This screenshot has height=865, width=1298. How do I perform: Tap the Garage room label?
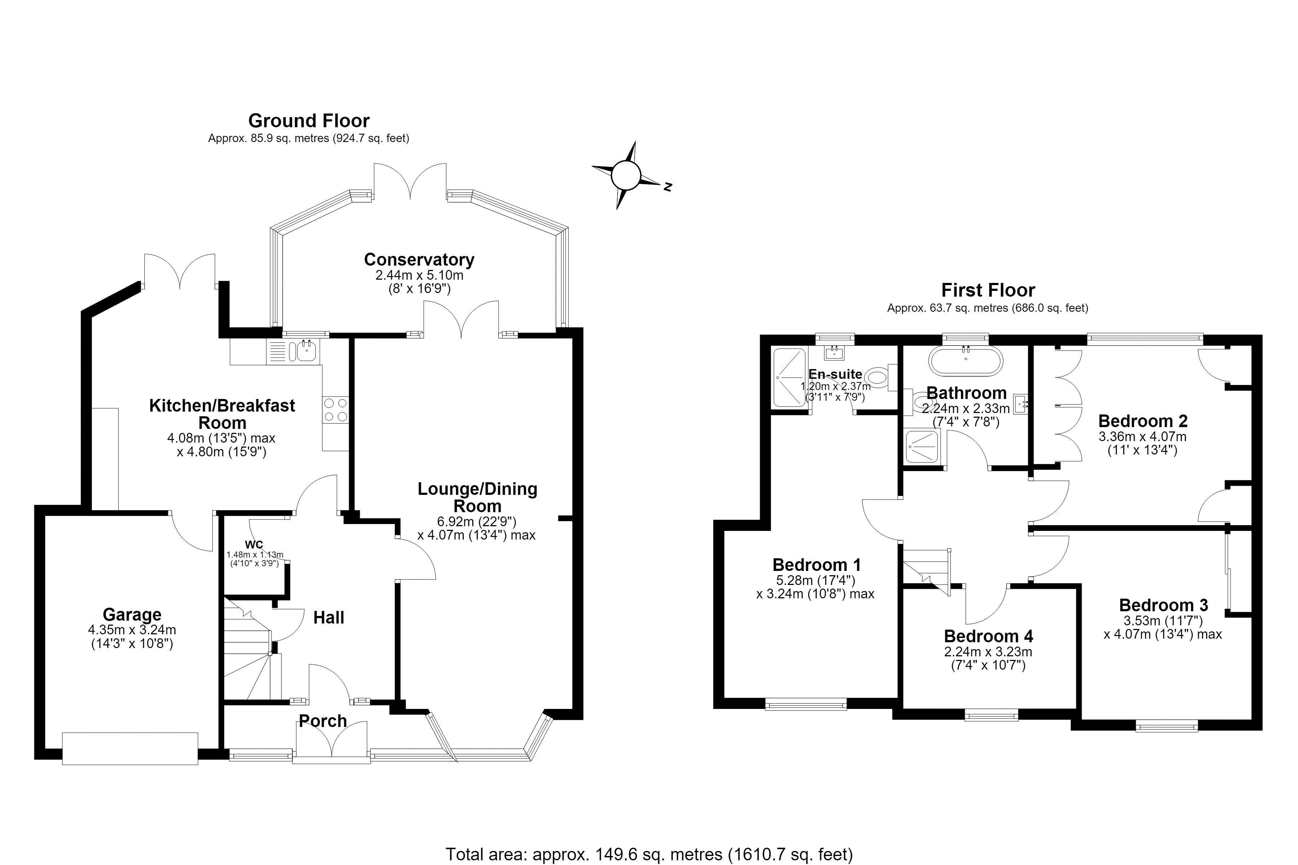[x=132, y=614]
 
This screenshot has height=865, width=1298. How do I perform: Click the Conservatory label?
[x=419, y=259]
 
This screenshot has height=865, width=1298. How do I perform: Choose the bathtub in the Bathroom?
[x=966, y=362]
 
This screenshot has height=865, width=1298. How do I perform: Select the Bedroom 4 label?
[x=988, y=636]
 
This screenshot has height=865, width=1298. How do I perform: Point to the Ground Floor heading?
[x=309, y=120]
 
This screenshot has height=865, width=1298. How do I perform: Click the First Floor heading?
[x=988, y=290]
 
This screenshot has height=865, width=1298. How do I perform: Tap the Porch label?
[x=323, y=720]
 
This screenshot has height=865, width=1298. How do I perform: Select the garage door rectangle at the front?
[x=130, y=748]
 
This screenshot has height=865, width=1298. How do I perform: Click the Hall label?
[x=328, y=617]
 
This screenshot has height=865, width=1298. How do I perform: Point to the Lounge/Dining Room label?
[x=477, y=497]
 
